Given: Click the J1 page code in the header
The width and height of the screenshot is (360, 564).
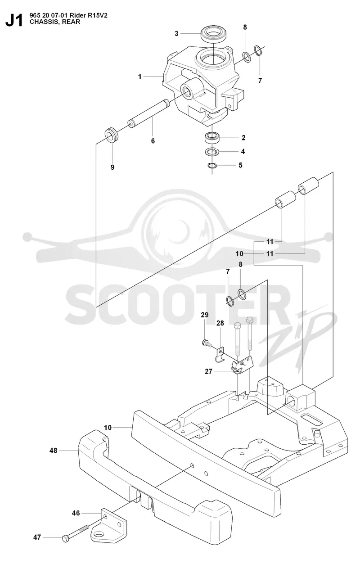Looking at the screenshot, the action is pyautogui.click(x=14, y=21).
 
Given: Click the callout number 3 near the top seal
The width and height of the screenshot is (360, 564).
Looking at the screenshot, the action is pyautogui.click(x=176, y=33).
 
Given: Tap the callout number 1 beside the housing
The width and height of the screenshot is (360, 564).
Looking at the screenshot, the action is pyautogui.click(x=139, y=77).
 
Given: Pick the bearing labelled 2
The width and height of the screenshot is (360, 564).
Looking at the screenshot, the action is pyautogui.click(x=212, y=138).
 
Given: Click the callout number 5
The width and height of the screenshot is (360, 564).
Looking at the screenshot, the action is pyautogui.click(x=240, y=165).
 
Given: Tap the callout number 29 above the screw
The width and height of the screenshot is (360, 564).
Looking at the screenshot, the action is pyautogui.click(x=205, y=315).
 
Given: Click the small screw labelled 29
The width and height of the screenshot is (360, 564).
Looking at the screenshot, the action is pyautogui.click(x=207, y=343).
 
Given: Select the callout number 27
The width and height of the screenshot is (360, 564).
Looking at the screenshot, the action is pyautogui.click(x=208, y=372).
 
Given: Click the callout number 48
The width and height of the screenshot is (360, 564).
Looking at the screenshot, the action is pyautogui.click(x=54, y=451).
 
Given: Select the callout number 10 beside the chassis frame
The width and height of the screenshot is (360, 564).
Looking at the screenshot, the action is pyautogui.click(x=108, y=428).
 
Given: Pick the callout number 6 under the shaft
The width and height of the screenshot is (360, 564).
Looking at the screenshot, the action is pyautogui.click(x=153, y=141).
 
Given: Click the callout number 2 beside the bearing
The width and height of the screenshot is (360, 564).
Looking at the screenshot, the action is pyautogui.click(x=243, y=138).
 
